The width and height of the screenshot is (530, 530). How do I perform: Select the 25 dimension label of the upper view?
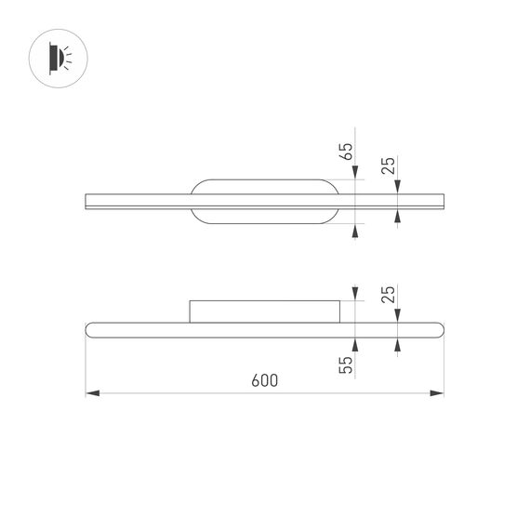[391, 166]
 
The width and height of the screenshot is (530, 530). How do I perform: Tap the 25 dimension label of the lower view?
[391, 296]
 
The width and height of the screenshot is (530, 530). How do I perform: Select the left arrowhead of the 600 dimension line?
[91, 394]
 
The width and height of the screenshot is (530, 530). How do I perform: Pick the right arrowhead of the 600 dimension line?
[438, 394]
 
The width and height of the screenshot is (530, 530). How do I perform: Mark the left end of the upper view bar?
[86, 201]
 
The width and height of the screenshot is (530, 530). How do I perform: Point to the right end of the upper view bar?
[444, 201]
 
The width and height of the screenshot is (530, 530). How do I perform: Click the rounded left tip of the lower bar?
[89, 328]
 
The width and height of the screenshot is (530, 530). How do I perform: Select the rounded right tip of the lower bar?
[441, 328]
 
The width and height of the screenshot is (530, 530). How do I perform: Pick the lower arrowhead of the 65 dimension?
[355, 230]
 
